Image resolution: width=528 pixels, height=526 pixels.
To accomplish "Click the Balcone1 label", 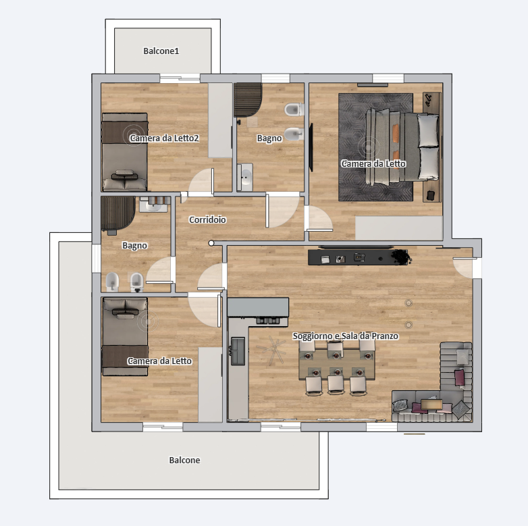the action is point(161,51).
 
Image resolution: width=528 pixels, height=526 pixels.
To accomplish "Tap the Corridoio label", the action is point(207,219).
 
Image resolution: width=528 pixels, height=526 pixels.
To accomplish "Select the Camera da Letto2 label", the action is point(164,138).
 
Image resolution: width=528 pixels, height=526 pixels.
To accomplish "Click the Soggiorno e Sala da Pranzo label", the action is point(346,336).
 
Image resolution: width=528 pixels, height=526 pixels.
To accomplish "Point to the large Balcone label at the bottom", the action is point(184,460).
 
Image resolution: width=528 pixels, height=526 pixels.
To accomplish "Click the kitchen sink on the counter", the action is point(238,351).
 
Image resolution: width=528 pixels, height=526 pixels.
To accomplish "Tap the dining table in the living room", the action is point(337,364).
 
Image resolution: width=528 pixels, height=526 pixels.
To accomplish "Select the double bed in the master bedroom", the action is point(402,147).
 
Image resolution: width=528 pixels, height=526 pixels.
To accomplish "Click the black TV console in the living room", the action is point(358,257).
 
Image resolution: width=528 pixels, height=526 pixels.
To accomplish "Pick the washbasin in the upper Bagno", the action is point(245,177).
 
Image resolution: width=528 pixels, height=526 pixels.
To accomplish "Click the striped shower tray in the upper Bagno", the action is point(248,100).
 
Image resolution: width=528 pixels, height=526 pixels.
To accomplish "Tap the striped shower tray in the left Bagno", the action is point(118,213).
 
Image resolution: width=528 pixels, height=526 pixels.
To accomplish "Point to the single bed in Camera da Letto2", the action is point(125,152).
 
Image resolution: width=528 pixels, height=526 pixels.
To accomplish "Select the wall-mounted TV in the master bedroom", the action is point(311,147).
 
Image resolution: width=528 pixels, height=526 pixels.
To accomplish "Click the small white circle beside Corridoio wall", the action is point(211,243).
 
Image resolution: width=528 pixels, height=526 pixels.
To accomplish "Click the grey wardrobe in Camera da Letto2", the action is point(220,120).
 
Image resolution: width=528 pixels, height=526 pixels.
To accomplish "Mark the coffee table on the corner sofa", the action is point(431,404).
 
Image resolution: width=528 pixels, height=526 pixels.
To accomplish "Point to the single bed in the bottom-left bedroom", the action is point(125,337).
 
